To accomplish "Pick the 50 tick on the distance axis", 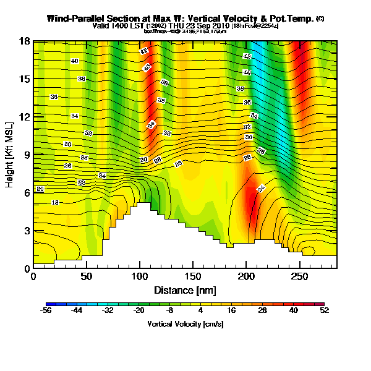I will [x=87, y=276].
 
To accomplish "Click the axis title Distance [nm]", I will [x=184, y=290].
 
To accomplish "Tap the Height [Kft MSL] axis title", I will [x=10, y=155].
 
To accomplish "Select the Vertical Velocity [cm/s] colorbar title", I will [x=185, y=324].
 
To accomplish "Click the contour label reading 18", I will [x=55, y=202].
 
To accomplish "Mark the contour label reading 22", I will [x=82, y=183].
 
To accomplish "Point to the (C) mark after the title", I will [x=320, y=19].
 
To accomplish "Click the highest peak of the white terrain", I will [x=143, y=203].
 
